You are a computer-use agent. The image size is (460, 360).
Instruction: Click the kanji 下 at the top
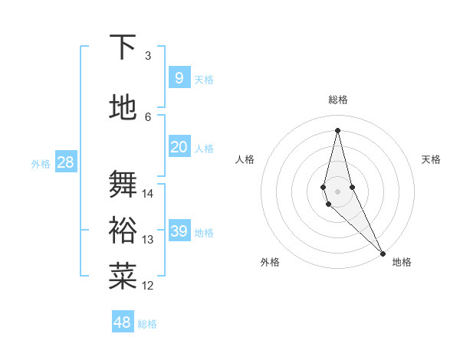123,47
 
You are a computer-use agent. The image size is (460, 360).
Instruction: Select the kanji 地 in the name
123,106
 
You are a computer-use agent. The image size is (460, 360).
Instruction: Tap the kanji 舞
123,184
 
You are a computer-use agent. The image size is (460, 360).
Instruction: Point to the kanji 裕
123,229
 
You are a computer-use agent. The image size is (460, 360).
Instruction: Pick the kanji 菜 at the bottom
123,275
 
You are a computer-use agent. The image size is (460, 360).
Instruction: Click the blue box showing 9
179,78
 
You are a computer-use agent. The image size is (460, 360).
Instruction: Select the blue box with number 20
179,148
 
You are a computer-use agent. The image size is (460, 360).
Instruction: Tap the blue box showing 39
179,231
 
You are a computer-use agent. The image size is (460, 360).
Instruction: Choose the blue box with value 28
64,162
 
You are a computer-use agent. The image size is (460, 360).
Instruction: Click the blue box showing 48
122,322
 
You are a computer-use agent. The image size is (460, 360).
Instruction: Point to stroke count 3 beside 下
148,56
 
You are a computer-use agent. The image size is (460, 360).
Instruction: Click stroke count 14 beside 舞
148,194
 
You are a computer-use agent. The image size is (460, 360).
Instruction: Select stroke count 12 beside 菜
148,286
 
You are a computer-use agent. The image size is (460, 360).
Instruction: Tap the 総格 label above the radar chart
338,100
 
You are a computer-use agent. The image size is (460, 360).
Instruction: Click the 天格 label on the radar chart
431,159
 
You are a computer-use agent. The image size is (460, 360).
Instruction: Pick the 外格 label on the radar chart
270,262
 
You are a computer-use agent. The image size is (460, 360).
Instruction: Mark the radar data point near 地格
382,252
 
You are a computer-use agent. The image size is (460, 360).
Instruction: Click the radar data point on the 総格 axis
337,129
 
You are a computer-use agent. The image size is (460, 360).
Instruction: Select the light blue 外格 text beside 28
40,163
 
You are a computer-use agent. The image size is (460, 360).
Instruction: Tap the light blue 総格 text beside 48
147,324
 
